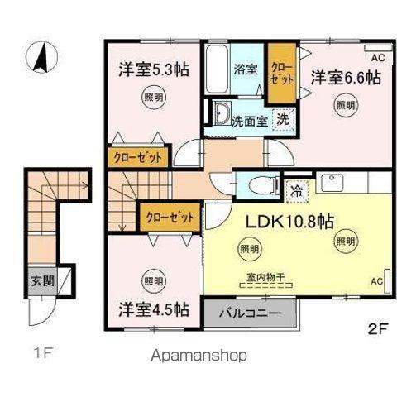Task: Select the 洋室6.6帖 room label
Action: (346, 78)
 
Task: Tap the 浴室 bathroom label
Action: (246, 69)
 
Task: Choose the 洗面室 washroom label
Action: (249, 119)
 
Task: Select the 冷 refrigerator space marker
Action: (295, 190)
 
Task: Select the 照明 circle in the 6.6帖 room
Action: (345, 105)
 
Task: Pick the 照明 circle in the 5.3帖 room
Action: (153, 98)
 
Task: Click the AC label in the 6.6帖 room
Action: (376, 57)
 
